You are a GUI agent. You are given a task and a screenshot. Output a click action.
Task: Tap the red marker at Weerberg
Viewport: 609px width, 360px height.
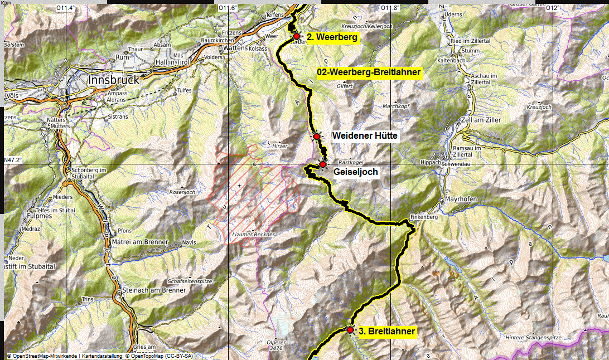point(297,36)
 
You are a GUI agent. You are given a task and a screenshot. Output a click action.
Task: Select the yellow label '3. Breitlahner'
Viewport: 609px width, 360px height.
point(386,332)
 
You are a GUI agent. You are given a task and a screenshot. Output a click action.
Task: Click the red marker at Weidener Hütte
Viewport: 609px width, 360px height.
point(316,137)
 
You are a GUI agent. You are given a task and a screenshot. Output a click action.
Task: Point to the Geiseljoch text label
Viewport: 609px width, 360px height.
point(355,172)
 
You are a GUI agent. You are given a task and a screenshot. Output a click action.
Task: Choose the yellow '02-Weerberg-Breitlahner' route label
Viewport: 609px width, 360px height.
point(369,72)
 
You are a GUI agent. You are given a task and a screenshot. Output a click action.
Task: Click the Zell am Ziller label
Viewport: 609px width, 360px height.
point(479,120)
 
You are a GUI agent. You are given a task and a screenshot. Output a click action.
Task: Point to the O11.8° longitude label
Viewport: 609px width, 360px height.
point(389,8)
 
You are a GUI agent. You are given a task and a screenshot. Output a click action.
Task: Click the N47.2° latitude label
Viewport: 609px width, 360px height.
point(13,160)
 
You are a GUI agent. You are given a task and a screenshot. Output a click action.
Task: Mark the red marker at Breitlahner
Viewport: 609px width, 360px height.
point(350,330)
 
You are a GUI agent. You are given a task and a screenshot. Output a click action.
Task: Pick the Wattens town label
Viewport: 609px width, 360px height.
point(234,48)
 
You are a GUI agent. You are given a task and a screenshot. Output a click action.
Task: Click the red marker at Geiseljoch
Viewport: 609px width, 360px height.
point(322,164)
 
